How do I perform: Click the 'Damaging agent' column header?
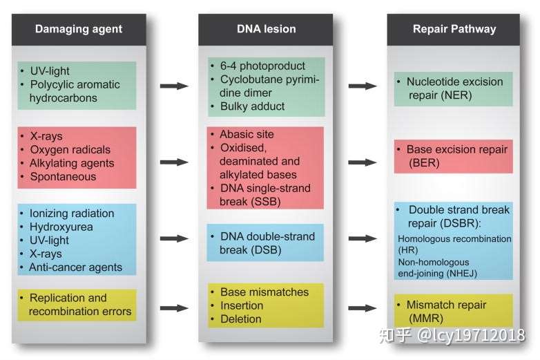79,29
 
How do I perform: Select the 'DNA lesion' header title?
267,29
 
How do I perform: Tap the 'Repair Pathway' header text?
454,29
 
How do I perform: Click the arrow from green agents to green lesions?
174,86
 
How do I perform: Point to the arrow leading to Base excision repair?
363,162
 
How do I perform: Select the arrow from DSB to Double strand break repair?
363,238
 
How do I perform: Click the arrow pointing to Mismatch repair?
363,308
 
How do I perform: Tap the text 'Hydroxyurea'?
61,227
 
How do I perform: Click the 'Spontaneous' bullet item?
63,177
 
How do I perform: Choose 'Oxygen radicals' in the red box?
70,150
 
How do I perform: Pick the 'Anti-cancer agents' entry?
75,267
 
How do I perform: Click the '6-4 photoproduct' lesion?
263,66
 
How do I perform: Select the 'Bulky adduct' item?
253,106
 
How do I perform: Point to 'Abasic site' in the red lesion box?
247,134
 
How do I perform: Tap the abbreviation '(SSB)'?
266,202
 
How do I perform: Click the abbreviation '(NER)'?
456,95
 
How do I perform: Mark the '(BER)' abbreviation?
424,162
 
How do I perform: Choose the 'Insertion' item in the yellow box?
242,305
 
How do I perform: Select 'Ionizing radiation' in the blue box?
72,214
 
